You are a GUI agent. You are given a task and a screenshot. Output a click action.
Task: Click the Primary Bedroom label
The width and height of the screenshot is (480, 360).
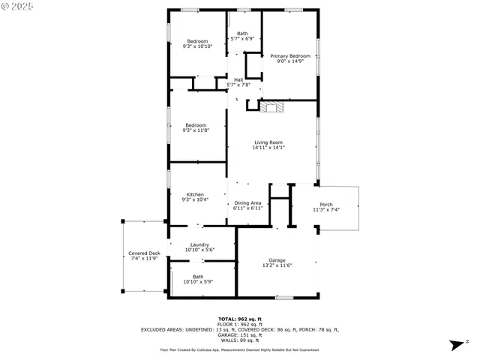[290, 56]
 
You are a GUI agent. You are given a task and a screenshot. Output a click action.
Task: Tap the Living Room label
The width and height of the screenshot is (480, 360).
[268, 142]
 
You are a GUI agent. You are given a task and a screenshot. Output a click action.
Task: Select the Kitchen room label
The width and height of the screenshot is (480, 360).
[195, 194]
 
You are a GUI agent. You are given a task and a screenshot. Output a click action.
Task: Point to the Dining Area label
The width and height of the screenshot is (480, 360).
[247, 202]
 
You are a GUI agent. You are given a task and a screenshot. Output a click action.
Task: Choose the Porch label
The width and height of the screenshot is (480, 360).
[326, 205]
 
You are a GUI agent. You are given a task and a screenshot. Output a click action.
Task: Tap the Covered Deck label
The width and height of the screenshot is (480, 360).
[144, 253]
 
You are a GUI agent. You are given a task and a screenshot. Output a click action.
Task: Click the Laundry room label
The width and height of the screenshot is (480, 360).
[199, 244]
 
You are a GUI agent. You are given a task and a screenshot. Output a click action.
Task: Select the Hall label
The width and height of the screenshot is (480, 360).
[238, 79]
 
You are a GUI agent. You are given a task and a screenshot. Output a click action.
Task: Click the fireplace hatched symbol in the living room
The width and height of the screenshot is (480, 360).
[273, 107]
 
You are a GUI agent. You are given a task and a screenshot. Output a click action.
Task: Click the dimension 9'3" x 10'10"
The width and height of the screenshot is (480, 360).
[197, 46]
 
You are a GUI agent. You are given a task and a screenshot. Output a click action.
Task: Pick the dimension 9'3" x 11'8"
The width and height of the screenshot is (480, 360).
[196, 130]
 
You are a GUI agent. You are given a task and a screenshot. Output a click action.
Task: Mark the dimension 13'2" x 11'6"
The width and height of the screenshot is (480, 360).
[277, 265]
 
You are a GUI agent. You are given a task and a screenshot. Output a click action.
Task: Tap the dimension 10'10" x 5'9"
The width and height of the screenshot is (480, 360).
[198, 281]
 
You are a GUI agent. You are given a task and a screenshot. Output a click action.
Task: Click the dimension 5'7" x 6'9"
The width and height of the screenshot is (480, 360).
[242, 38]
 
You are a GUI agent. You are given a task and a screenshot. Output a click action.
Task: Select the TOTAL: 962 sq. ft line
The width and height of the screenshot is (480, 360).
[239, 319]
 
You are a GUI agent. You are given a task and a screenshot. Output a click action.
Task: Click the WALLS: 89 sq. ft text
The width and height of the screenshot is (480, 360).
[239, 340]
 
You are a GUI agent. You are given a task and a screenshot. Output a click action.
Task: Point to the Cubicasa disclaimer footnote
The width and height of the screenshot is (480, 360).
[239, 349]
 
